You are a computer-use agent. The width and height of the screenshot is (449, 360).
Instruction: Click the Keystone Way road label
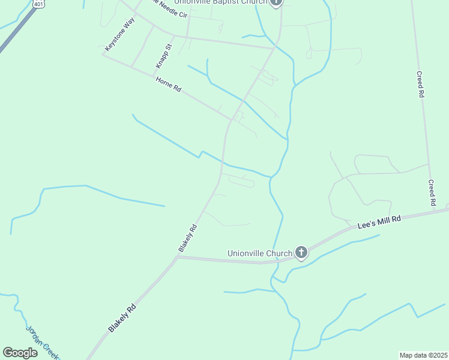(119, 34)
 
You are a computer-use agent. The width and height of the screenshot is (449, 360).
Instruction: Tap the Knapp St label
(163, 55)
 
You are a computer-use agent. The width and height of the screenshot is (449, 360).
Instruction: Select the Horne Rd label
(168, 84)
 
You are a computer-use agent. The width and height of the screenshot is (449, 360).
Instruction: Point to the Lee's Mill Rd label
(379, 222)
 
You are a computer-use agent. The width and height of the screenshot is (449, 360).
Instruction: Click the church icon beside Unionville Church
(301, 253)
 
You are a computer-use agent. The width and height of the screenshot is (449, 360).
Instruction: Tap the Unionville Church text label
(260, 253)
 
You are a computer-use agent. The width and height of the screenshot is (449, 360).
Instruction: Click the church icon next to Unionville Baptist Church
(276, 2)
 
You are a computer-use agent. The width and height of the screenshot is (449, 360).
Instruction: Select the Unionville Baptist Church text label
(220, 2)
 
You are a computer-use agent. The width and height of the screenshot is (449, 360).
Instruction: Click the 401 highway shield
(39, 4)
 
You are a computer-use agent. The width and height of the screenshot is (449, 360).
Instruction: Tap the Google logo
(20, 352)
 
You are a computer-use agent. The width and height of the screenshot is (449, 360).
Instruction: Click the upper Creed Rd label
(421, 85)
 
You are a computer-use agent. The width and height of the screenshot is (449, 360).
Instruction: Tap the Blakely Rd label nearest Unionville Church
(187, 238)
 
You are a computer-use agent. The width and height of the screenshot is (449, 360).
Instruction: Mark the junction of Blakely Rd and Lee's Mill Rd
(177, 257)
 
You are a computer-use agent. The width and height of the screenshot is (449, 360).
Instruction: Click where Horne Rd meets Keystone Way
(103, 56)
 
